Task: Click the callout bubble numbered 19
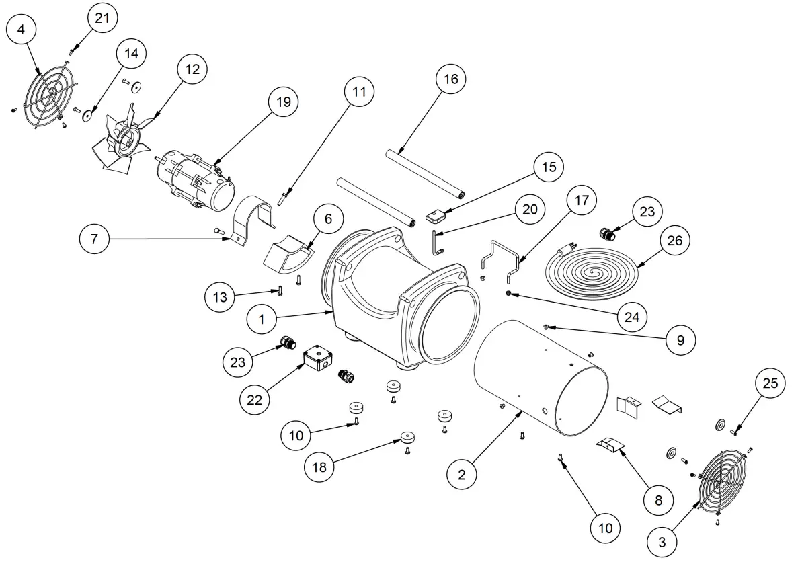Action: click(x=282, y=102)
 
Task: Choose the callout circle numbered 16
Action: click(x=450, y=79)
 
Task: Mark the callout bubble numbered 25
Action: click(x=770, y=383)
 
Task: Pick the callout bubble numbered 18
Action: click(x=320, y=466)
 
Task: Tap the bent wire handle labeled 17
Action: click(x=500, y=259)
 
